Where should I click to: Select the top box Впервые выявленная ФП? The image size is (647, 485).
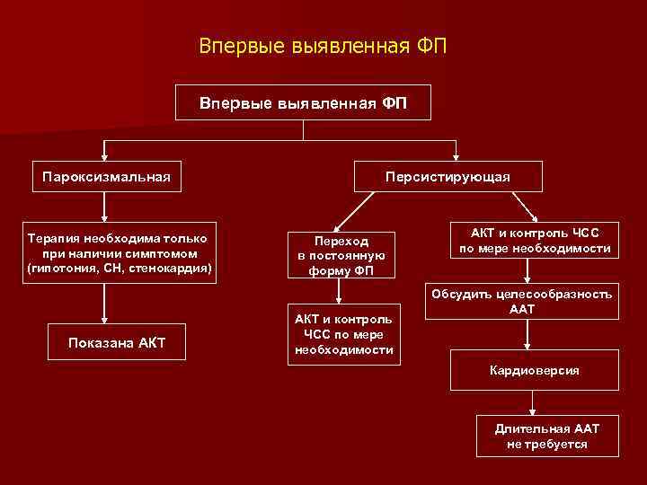[303, 102]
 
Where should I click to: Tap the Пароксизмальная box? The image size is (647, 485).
[106, 173]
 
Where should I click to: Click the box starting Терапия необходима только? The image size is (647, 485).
[119, 252]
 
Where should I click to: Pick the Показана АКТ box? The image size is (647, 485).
[117, 341]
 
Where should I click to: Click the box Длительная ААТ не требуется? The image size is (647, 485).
[547, 436]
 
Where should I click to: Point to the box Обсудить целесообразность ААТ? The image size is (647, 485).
[522, 301]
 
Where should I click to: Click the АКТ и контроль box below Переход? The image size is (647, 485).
[344, 334]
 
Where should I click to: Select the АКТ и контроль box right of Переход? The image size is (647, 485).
[535, 240]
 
